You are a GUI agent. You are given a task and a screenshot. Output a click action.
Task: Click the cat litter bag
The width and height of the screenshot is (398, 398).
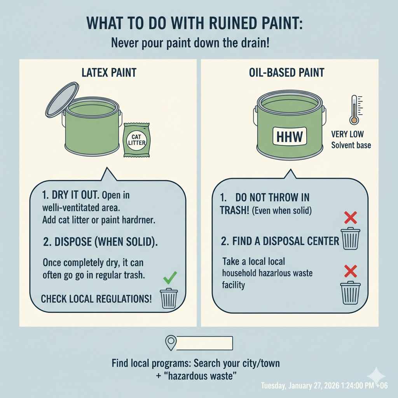click(136, 140)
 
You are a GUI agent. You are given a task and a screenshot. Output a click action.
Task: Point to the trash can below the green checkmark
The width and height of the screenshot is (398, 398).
click(169, 298)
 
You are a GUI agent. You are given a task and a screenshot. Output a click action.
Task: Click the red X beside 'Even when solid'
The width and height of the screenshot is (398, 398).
click(350, 217)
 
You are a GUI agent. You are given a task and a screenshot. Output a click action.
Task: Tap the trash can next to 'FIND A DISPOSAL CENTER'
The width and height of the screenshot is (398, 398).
click(350, 238)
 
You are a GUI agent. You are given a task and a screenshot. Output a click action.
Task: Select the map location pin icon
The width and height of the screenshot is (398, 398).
click(171, 343)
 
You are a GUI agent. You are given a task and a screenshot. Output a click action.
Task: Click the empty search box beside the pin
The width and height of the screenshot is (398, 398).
click(204, 343)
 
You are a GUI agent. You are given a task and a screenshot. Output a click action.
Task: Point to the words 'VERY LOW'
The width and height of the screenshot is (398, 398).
click(347, 134)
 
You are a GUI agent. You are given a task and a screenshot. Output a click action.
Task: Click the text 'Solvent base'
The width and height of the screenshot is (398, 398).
click(351, 145)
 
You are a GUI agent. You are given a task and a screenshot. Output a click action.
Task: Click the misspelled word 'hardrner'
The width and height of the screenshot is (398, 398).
click(138, 220)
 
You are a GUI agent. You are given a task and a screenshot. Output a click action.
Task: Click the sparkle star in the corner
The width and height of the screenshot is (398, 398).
click(376, 376)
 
